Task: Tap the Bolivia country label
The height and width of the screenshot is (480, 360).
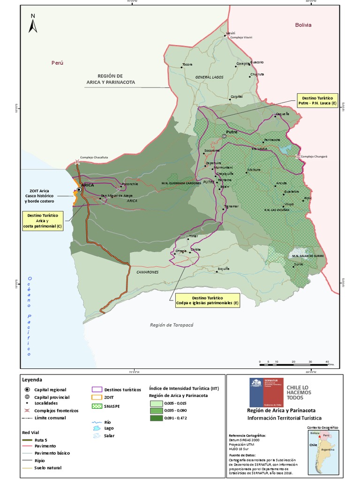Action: [303, 25]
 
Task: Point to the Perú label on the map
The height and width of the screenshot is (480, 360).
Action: [57, 62]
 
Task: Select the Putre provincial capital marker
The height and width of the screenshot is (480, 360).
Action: [224, 136]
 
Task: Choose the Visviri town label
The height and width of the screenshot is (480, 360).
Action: [230, 33]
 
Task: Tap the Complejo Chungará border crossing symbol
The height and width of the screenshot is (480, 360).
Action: [298, 157]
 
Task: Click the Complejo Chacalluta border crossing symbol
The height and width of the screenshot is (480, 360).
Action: [77, 163]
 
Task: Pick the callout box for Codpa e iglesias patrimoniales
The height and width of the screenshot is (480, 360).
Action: [208, 300]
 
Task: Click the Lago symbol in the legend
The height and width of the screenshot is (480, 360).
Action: [97, 428]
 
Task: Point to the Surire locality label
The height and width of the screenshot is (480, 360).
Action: [298, 264]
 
